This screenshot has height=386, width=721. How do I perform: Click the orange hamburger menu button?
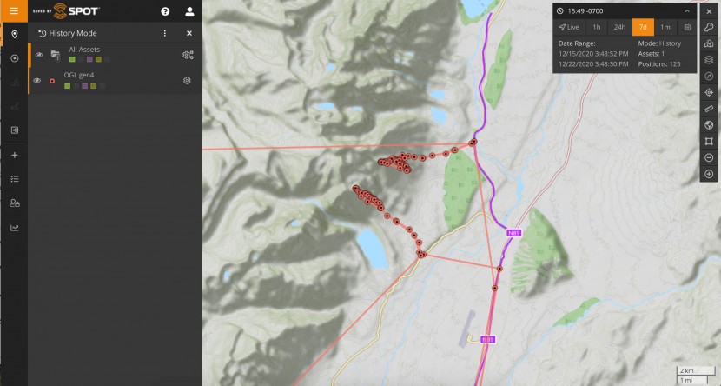pyautogui.click(x=13, y=11)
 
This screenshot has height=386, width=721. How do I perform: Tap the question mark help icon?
pyautogui.click(x=165, y=11)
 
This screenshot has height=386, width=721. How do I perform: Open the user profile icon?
pyautogui.click(x=189, y=11)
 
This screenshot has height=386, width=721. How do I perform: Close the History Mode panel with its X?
pyautogui.click(x=189, y=33)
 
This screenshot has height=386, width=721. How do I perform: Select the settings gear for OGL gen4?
pyautogui.click(x=187, y=81)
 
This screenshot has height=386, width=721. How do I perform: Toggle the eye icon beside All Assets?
pyautogui.click(x=38, y=55)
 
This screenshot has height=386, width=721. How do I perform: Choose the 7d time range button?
pyautogui.click(x=643, y=27)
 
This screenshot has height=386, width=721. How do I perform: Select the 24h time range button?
pyautogui.click(x=619, y=27)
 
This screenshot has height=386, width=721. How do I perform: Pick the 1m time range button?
pyautogui.click(x=665, y=27)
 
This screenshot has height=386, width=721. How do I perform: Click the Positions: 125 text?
pyautogui.click(x=659, y=63)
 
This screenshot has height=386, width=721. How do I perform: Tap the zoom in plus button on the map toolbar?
pyautogui.click(x=709, y=174)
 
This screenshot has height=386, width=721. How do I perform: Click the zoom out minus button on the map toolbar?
pyautogui.click(x=709, y=157)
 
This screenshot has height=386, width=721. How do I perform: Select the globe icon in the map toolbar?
pyautogui.click(x=709, y=124)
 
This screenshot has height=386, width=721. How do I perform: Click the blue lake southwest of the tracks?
pyautogui.click(x=374, y=248)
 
